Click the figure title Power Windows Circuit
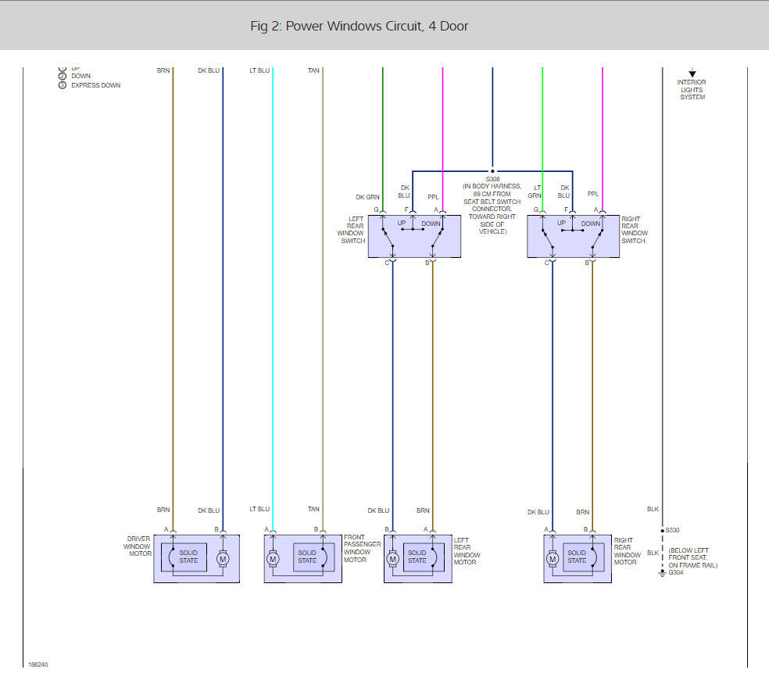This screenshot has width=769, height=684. (x=359, y=27)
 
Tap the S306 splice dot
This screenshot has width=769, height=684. (x=492, y=171)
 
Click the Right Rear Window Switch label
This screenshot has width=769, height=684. (x=635, y=230)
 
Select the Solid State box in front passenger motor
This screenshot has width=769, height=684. (x=307, y=557)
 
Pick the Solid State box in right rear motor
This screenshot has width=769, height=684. (x=577, y=557)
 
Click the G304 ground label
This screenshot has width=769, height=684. (x=676, y=572)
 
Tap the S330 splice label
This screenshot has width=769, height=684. (x=673, y=530)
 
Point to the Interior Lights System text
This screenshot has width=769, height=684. (x=692, y=89)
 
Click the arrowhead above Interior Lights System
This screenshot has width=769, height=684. (x=692, y=73)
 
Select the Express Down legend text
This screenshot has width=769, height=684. (x=95, y=85)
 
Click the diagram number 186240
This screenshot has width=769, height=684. (x=38, y=665)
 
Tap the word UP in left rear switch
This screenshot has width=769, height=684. (x=402, y=223)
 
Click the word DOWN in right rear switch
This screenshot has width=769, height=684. (x=591, y=223)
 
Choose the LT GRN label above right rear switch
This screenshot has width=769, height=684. (x=535, y=192)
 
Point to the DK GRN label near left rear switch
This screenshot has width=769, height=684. (x=367, y=197)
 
